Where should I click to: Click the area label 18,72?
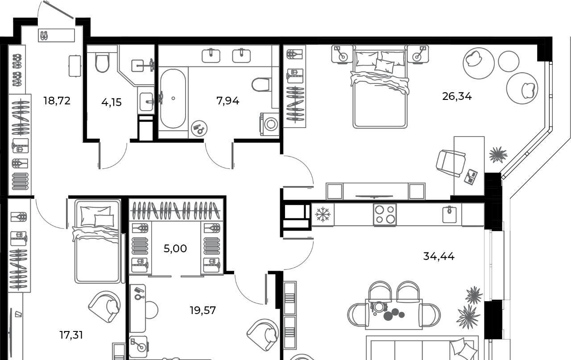point(57,101)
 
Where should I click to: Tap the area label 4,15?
point(112,103)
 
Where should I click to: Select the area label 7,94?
point(228,101)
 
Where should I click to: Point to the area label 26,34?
point(457,97)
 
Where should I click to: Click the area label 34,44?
point(439,256)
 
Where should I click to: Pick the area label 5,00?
point(175,248)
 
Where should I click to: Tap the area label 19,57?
point(203,310)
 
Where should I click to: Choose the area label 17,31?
point(71,335)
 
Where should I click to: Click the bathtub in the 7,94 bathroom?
point(173,99)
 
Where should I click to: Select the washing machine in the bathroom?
point(269,124)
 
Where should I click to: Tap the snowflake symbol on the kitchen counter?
point(323,214)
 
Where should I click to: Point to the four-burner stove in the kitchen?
point(385,215)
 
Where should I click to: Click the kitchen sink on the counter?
point(449,214)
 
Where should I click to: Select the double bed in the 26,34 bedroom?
point(380,87)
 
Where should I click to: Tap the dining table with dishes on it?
point(394,314)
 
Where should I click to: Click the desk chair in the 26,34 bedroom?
point(451,163)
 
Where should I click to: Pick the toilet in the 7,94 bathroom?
point(261,85)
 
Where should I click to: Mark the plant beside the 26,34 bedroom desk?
point(498,154)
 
